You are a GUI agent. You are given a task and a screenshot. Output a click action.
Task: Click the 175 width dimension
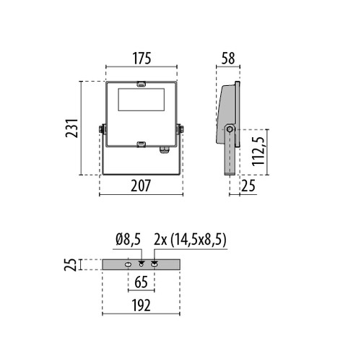coord(142,58)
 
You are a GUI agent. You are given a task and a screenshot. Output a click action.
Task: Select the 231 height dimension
coord(71,128)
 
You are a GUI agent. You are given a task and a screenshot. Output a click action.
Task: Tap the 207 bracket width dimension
coord(141,186)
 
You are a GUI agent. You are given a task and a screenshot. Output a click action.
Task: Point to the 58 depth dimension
coord(228,58)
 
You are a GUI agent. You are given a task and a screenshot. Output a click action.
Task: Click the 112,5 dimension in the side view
coord(258,152)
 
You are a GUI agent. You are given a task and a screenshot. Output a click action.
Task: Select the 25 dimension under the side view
coord(248,186)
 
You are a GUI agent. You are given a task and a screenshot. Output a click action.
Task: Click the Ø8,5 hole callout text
coord(128,240)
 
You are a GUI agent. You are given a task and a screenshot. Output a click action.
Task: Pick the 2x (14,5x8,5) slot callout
coord(190,240)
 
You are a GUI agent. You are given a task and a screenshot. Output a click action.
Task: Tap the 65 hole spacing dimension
coord(141,282)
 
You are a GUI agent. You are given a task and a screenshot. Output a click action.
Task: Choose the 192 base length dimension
coord(141,305)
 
